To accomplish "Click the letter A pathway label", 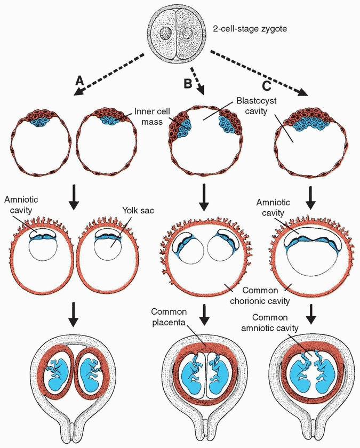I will click(x=80, y=81).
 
